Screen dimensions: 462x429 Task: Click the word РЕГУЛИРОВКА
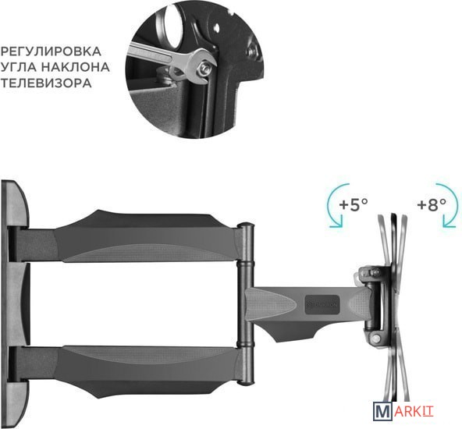tap(51, 51)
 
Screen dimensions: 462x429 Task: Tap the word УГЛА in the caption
tap(19, 67)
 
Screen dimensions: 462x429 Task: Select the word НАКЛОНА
tap(75, 67)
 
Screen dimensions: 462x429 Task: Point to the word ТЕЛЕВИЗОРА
tap(46, 83)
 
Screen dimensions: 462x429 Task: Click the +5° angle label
tap(354, 204)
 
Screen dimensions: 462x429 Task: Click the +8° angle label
tap(432, 204)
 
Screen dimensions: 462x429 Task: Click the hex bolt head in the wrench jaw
tap(204, 69)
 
